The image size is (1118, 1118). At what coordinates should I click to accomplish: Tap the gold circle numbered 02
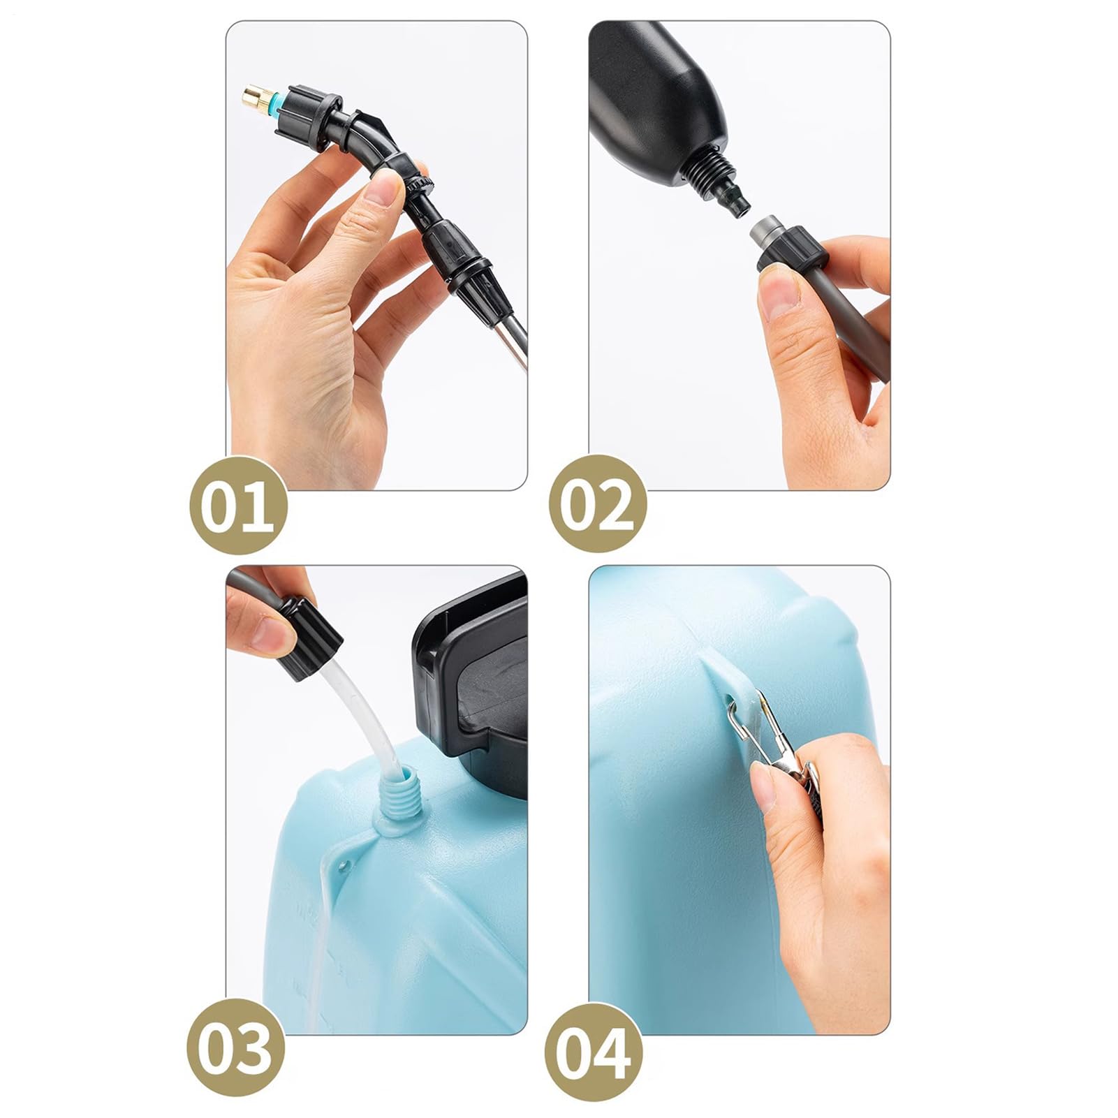(x=598, y=505)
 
